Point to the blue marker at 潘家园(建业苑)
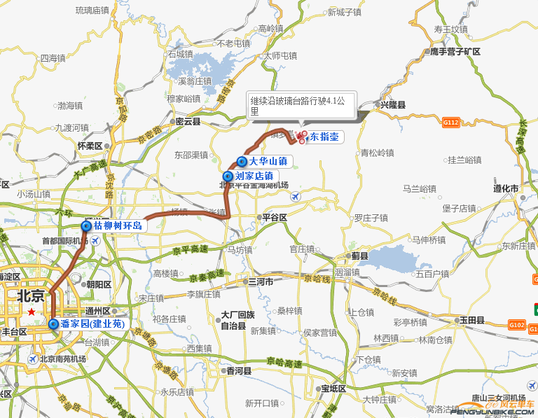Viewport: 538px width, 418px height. tap(54, 324)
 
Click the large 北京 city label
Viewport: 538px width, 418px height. tap(30, 295)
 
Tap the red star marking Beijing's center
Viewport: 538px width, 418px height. tap(31, 312)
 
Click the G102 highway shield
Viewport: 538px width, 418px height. tap(517, 325)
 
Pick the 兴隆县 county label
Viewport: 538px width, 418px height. tap(392, 105)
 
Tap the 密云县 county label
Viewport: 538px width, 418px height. tap(188, 121)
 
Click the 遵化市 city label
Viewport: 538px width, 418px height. tap(504, 189)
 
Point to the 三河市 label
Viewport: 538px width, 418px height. tap(260, 281)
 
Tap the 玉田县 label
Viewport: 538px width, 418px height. tap(471, 320)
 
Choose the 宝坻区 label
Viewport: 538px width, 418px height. tap(333, 389)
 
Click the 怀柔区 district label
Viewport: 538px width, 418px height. tap(90, 146)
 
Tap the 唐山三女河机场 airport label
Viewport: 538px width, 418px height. tap(498, 398)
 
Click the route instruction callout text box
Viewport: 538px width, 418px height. tap(301, 106)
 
